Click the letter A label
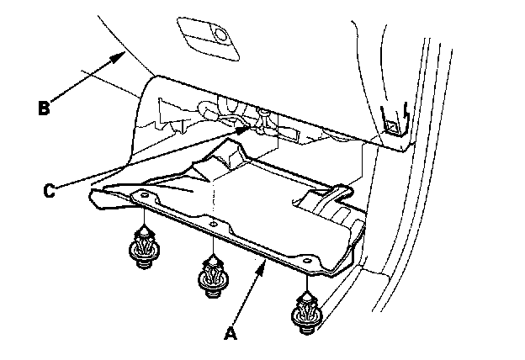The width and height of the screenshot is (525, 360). [x=229, y=333]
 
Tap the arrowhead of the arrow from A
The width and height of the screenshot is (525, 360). [x=268, y=263]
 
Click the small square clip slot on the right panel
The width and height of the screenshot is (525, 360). [x=392, y=126]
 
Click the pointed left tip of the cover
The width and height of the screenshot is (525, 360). [x=92, y=195]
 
